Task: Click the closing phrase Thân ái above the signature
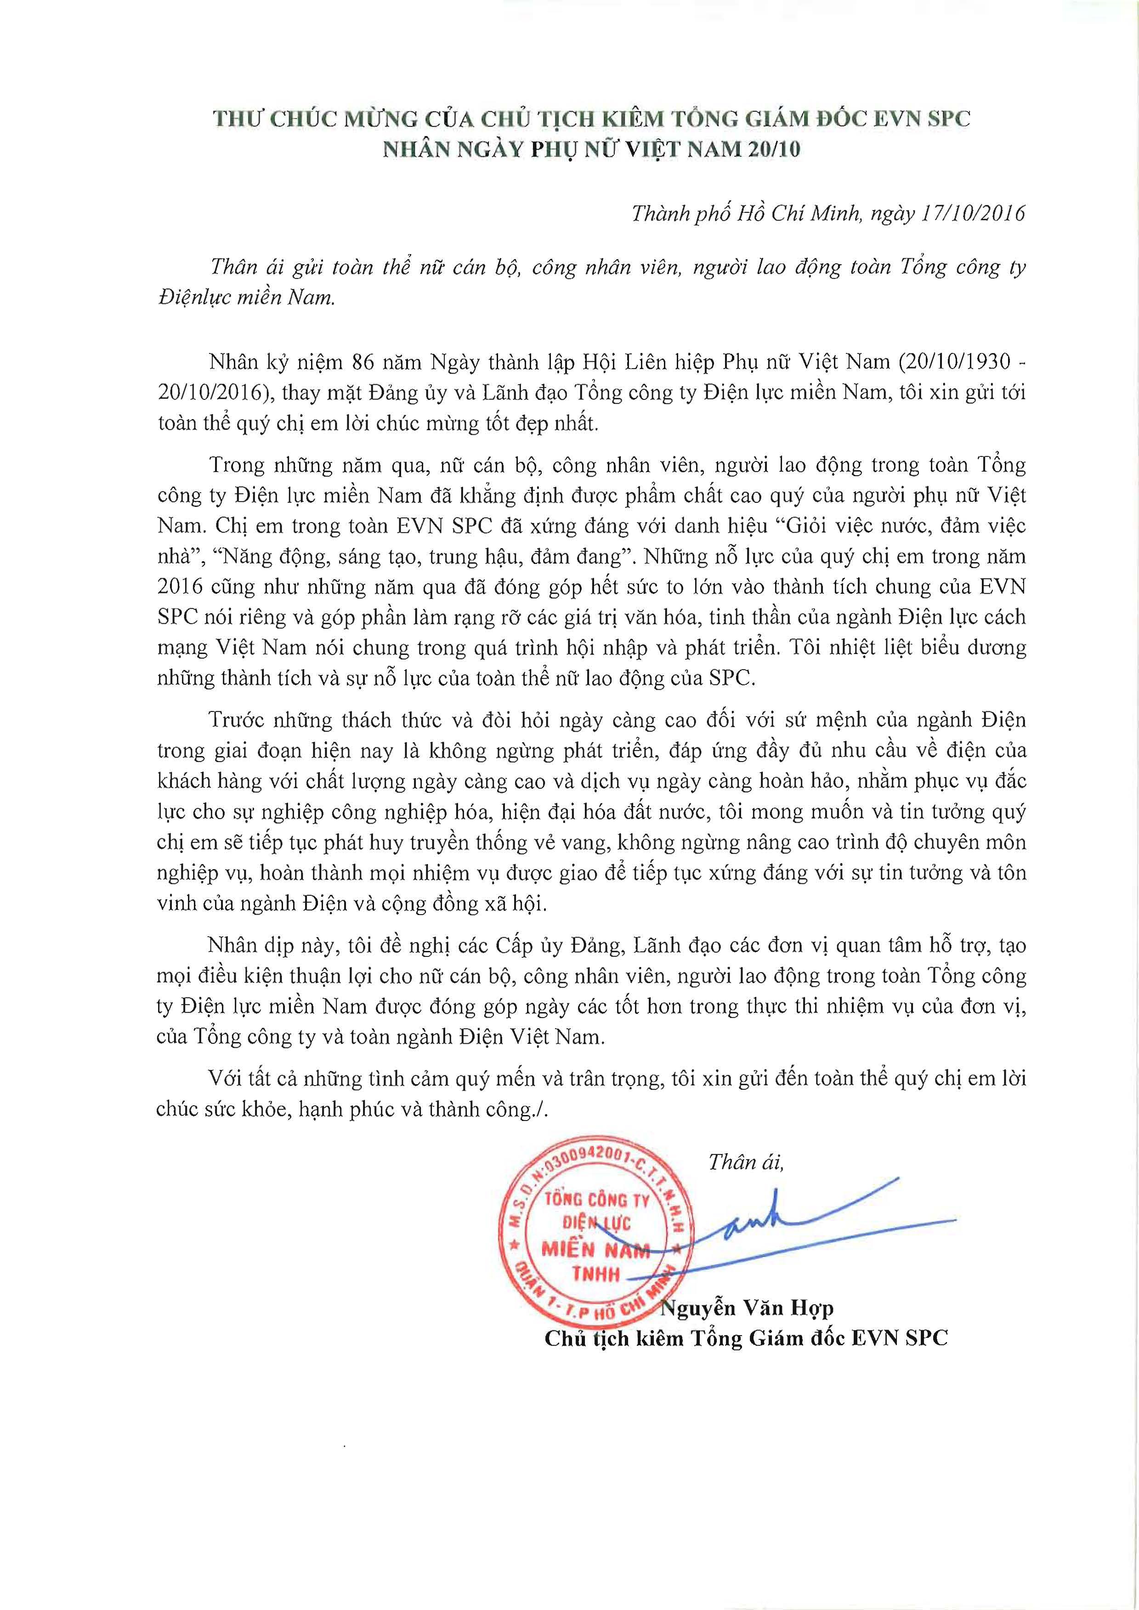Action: tap(746, 1162)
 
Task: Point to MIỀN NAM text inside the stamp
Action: tap(595, 1249)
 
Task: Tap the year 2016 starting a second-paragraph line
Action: tap(180, 586)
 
